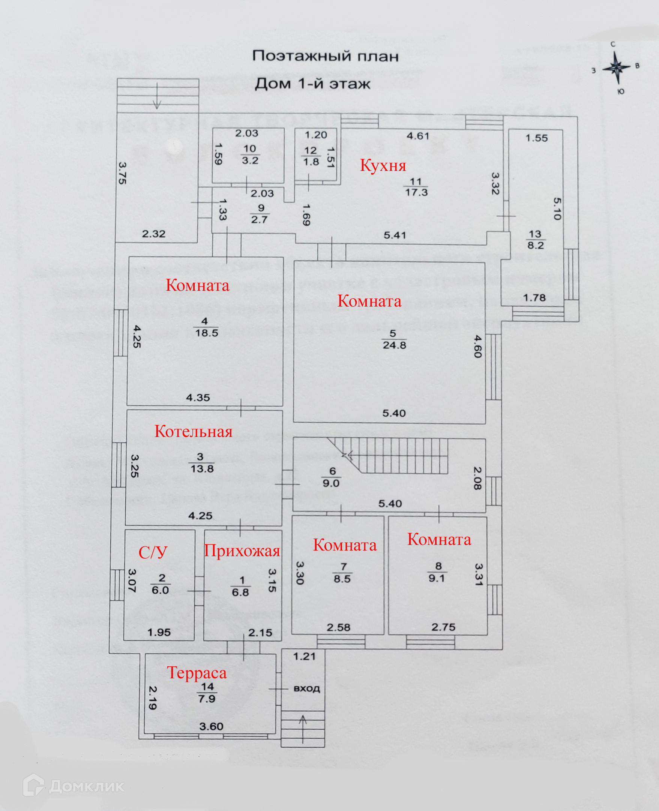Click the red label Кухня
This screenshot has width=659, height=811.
[383, 165]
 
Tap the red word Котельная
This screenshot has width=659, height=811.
[193, 432]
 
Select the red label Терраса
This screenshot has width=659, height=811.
[197, 673]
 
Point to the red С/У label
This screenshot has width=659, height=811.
[153, 552]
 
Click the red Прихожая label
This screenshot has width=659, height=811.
[242, 551]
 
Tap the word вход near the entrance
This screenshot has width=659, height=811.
[307, 688]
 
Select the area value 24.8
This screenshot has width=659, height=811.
[394, 345]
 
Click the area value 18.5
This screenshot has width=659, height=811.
[207, 333]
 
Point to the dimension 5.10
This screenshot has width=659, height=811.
[557, 209]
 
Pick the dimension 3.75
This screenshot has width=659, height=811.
[122, 173]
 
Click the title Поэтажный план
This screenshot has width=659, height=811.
[325, 56]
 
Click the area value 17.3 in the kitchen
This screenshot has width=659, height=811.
[416, 192]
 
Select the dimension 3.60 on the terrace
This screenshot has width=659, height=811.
[211, 726]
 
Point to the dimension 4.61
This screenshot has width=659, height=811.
[417, 136]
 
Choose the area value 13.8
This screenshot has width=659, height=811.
[202, 469]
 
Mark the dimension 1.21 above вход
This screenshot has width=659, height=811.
[304, 657]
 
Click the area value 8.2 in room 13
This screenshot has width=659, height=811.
[535, 245]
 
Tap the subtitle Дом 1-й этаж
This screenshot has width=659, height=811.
[312, 84]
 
